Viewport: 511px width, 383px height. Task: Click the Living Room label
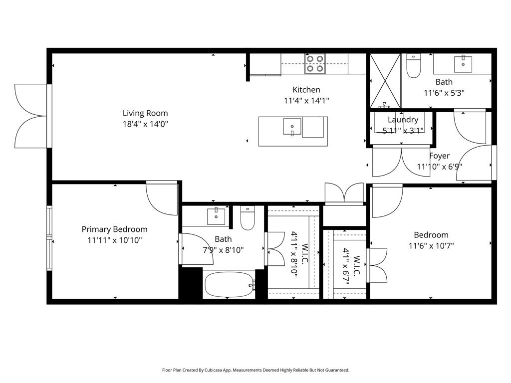(x=145, y=113)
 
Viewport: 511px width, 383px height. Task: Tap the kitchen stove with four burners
(x=315, y=64)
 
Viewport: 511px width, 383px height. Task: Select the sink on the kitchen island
(x=292, y=127)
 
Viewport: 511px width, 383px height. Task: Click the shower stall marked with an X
(x=385, y=81)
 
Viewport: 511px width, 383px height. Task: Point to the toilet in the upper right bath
(x=414, y=66)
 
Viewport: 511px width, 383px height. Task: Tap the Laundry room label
(x=403, y=120)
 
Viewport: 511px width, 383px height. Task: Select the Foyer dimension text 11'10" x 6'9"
(x=439, y=167)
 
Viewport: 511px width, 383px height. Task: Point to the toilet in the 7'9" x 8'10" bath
(x=248, y=218)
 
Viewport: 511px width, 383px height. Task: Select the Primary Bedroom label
(x=114, y=229)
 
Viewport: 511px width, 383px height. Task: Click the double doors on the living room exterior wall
(x=31, y=116)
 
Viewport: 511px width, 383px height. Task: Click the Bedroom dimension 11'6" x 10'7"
(x=431, y=245)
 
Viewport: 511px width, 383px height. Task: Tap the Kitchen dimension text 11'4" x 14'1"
(x=306, y=100)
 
